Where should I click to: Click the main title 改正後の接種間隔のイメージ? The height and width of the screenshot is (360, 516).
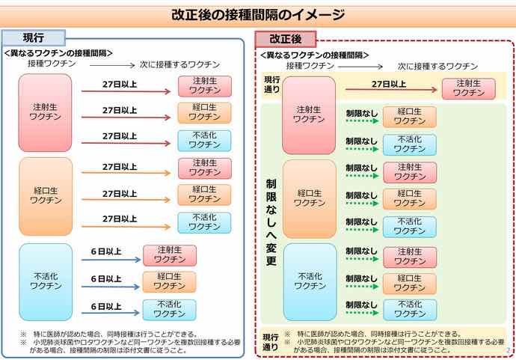(258, 15)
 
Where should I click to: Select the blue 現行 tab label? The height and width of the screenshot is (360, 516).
(34, 38)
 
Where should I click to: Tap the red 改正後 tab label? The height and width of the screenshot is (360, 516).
(286, 39)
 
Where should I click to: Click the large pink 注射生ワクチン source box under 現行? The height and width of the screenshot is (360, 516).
(45, 113)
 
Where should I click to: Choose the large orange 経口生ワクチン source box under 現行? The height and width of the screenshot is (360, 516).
(46, 196)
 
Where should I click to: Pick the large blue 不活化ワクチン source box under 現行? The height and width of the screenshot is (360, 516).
(46, 282)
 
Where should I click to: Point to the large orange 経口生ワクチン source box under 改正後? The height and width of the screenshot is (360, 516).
(310, 199)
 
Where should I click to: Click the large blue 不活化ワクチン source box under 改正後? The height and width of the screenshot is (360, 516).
(310, 282)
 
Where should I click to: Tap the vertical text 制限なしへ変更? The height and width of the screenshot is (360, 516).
(271, 222)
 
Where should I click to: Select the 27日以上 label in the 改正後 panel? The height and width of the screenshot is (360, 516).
(389, 85)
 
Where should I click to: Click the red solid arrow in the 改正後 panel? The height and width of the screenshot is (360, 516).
(391, 90)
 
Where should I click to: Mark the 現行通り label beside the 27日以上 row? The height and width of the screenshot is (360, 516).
(272, 85)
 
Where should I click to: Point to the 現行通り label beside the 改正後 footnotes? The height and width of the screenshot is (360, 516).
(271, 342)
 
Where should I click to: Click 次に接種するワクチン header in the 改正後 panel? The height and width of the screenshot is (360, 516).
(437, 67)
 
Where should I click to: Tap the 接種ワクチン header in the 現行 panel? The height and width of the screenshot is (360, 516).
(52, 64)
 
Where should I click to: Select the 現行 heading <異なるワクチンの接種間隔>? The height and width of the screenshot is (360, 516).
(58, 53)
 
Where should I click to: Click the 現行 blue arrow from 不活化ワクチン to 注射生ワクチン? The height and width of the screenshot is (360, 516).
(111, 260)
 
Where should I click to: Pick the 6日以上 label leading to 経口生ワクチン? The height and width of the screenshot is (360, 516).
(106, 279)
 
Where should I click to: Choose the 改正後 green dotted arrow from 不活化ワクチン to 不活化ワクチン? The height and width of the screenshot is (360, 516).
(362, 313)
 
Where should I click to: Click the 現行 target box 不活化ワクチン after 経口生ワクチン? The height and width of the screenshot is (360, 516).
(204, 222)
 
